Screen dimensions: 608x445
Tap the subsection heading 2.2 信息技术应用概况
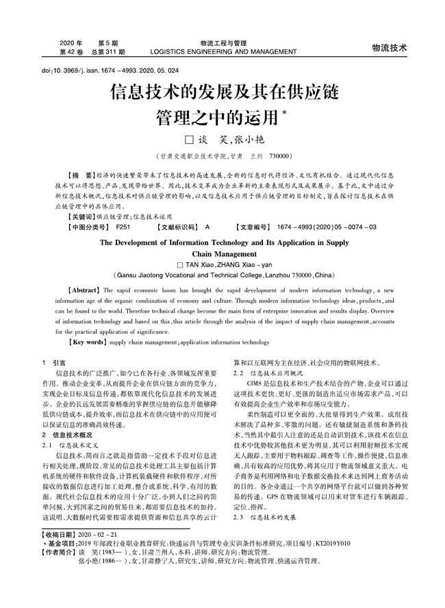pos(268,372)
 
